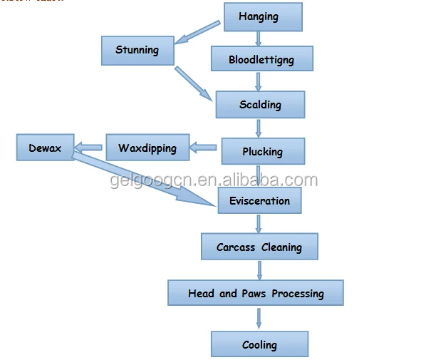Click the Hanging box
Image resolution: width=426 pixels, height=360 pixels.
(263, 16)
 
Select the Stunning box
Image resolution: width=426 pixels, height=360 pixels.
(137, 51)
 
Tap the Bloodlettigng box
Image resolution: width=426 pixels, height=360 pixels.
(261, 59)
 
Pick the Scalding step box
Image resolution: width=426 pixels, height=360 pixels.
(260, 105)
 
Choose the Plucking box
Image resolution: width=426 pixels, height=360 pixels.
(262, 151)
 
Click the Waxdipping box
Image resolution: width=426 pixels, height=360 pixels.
(147, 148)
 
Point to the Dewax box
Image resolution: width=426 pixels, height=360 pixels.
(45, 149)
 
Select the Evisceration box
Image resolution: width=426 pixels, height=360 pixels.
(259, 201)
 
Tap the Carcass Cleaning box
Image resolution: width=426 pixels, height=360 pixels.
(259, 247)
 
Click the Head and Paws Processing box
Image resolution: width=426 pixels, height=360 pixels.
(256, 293)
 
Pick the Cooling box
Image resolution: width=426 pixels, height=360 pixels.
(259, 345)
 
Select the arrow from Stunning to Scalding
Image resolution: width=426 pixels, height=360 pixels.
(194, 83)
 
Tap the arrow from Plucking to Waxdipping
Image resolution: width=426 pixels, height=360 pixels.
(204, 148)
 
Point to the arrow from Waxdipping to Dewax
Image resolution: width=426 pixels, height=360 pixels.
(89, 148)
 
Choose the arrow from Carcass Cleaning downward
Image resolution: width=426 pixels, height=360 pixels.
(259, 270)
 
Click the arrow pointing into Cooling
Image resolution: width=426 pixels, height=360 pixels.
(259, 319)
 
